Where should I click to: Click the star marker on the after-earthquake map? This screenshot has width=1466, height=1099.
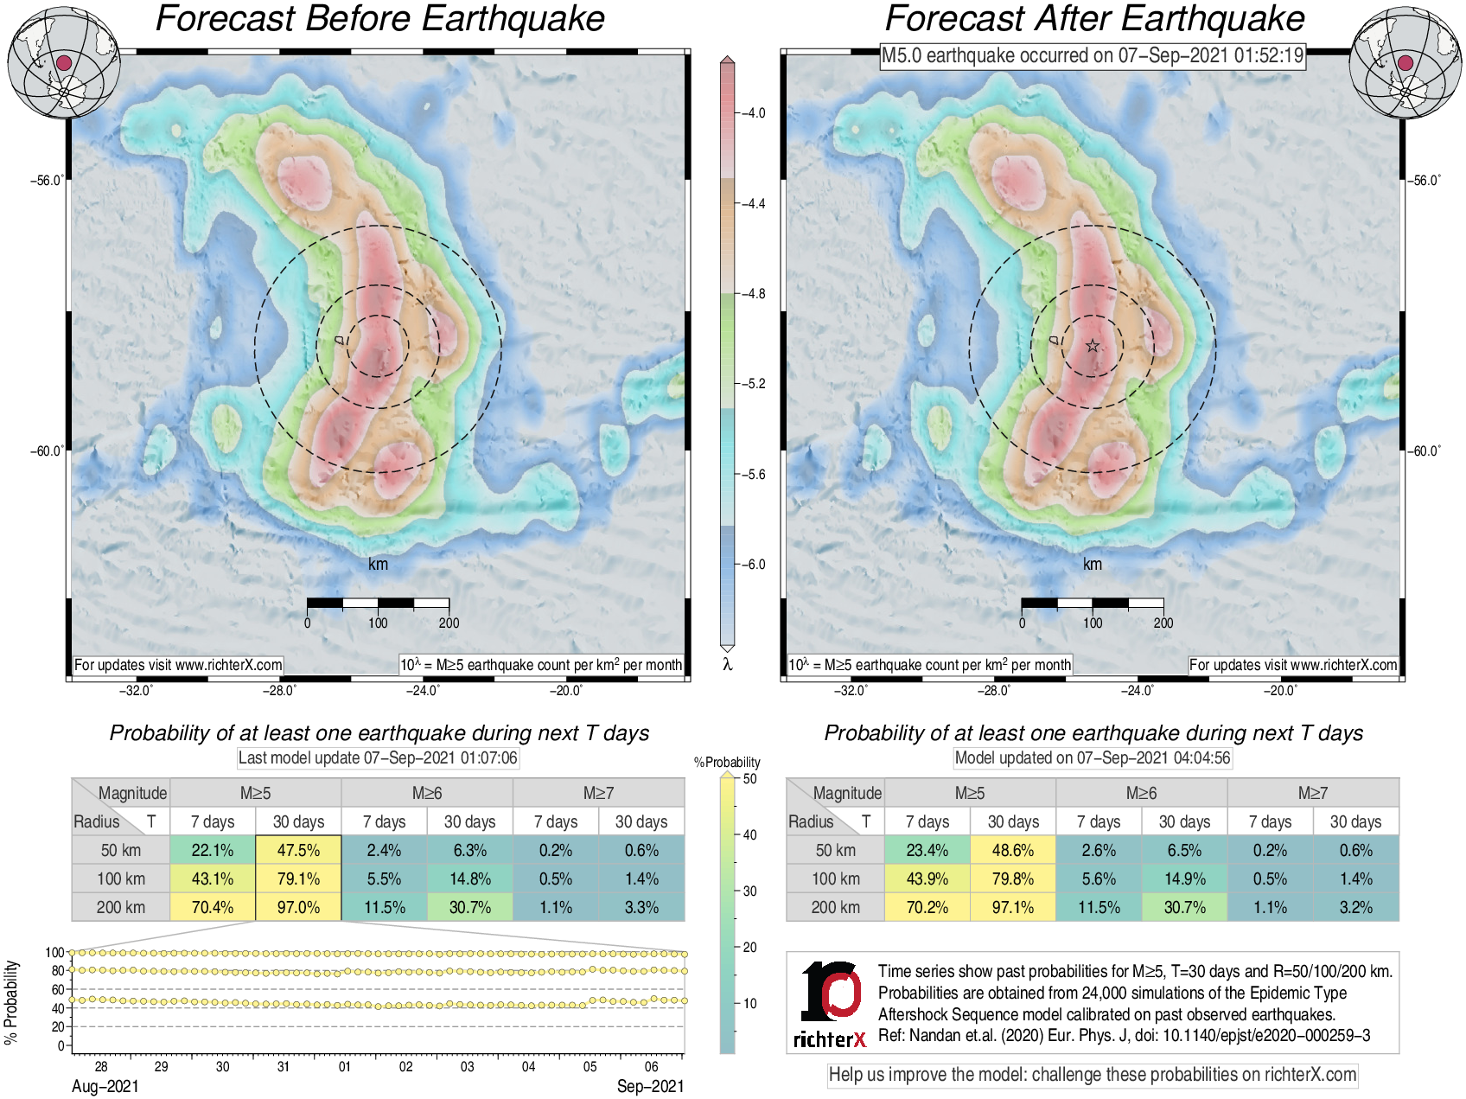coord(1093,346)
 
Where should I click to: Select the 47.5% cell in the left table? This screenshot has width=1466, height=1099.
coord(298,850)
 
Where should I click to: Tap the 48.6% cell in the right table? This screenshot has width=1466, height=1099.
coord(1013,850)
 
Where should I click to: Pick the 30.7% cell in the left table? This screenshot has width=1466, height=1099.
coord(470,907)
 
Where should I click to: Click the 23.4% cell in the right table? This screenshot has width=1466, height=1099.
coord(927,850)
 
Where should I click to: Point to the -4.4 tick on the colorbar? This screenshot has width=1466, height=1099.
coord(755,204)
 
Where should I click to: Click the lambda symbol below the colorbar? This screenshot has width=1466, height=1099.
coord(728,664)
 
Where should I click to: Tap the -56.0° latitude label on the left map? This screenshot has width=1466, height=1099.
coord(48,181)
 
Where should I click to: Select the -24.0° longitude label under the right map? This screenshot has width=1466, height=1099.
coord(1138,690)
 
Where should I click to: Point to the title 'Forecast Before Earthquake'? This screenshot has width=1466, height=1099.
coord(379,19)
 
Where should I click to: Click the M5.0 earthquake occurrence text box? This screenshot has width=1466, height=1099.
coord(1092,56)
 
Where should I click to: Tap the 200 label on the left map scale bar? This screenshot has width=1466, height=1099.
coord(449,623)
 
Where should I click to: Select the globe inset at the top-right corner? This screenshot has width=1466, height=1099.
coord(1405,62)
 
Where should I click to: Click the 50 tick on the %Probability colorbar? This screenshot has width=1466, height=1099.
coord(749,779)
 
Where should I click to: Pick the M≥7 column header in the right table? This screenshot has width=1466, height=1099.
coord(1312,793)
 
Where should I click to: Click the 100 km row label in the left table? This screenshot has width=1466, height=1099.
coord(121,879)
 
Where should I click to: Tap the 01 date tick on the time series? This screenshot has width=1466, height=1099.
coord(345,1066)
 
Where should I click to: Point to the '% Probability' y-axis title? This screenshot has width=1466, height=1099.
coord(11,1001)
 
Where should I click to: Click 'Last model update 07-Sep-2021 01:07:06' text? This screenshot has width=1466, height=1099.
coord(378,758)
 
